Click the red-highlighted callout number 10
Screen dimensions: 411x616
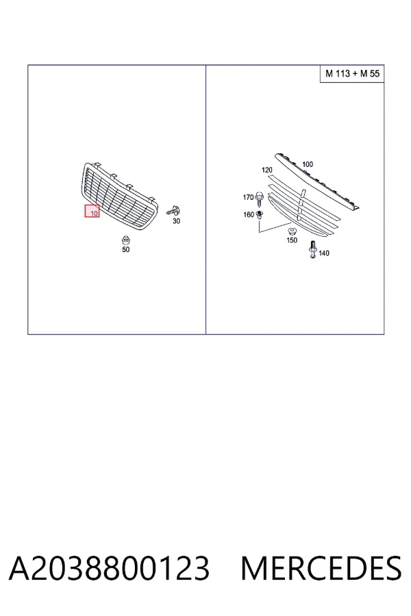point(94,214)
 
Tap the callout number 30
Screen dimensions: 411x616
point(176,221)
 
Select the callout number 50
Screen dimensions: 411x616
point(125,249)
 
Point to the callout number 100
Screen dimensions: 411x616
point(307,164)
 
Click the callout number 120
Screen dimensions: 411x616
point(266,170)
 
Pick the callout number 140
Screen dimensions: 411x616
point(324,253)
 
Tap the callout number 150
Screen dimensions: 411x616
point(292,240)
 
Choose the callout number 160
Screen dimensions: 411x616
point(249,214)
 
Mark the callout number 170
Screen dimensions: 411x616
point(248,197)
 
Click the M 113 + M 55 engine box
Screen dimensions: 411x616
point(352,73)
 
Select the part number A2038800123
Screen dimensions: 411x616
point(109,568)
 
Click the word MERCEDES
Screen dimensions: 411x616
point(321,568)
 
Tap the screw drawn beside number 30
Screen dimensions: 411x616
point(173,211)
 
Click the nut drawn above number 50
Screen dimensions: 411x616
point(126,240)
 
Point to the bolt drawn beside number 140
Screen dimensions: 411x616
point(313,250)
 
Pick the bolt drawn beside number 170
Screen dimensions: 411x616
point(259,198)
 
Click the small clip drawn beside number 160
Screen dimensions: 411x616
point(259,214)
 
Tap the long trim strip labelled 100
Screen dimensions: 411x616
point(317,180)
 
